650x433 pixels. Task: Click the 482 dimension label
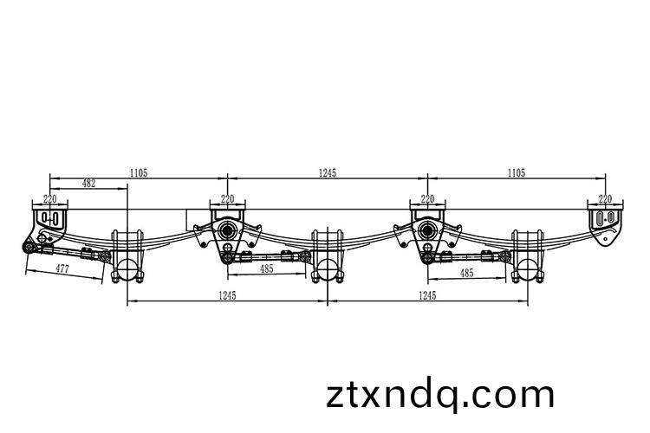(x=88, y=183)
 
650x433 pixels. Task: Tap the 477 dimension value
(x=62, y=268)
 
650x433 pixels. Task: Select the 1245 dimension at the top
(x=327, y=173)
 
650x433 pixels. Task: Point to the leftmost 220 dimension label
(x=49, y=199)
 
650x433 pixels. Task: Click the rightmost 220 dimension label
(x=605, y=199)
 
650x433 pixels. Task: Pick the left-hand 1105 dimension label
(x=139, y=173)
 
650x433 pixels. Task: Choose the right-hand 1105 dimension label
(x=517, y=173)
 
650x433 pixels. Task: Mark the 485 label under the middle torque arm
(x=267, y=268)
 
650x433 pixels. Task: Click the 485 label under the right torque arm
(x=467, y=273)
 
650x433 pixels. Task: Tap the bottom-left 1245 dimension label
(x=227, y=295)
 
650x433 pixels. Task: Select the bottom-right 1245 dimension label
(x=427, y=295)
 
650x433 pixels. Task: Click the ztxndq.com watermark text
(x=439, y=395)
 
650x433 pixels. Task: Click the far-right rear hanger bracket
(x=605, y=227)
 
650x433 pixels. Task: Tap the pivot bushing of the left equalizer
(x=227, y=230)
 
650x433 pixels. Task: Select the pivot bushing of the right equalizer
(x=427, y=230)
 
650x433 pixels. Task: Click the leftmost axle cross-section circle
(x=127, y=268)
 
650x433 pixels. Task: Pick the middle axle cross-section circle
(x=327, y=268)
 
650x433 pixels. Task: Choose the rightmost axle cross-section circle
(x=527, y=268)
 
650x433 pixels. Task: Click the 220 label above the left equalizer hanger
(x=227, y=199)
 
